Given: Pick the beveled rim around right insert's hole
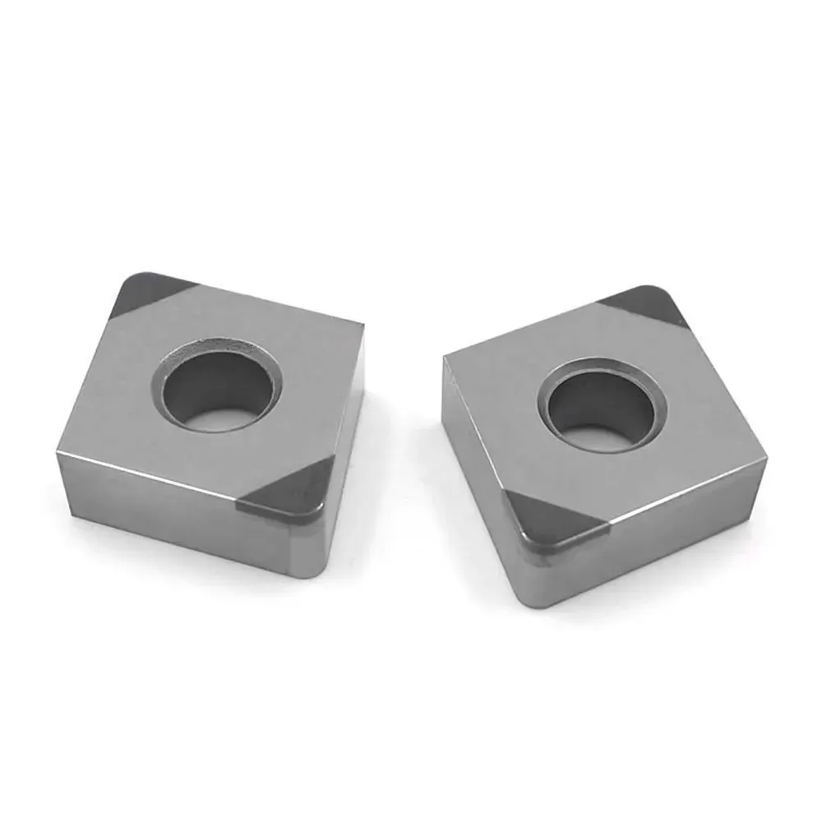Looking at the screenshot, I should click(559, 386).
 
